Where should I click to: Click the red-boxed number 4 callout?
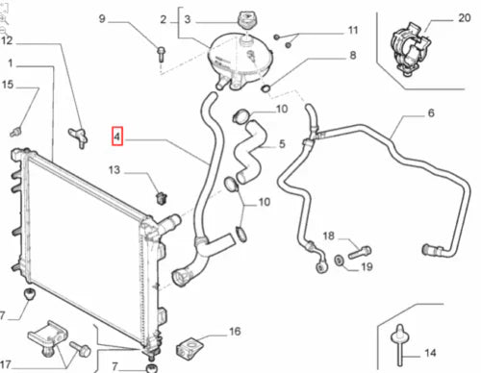click(x=116, y=137)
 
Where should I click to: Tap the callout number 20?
click(x=464, y=18)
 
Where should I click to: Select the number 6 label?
click(x=431, y=112)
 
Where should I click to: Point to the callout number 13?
click(x=114, y=170)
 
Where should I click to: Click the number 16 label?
click(x=235, y=332)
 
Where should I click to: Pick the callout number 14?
click(x=430, y=353)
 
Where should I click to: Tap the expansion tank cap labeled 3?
click(x=246, y=20)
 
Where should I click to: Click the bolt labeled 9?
click(x=161, y=55)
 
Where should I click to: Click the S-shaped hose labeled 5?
click(x=249, y=151)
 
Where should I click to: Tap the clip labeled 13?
click(x=162, y=198)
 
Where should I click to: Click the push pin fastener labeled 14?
click(x=400, y=345)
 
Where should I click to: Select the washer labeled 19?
click(x=339, y=261)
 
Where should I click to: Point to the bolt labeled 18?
click(x=360, y=252)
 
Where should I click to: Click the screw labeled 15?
click(x=15, y=132)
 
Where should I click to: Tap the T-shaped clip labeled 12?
click(x=79, y=137)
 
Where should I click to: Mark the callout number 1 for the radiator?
click(x=11, y=63)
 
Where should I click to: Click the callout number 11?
click(x=353, y=31)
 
